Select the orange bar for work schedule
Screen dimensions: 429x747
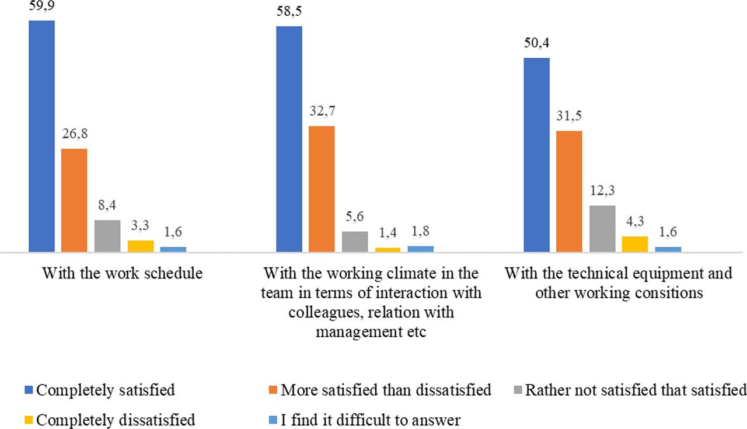(74, 200)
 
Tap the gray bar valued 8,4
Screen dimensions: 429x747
(107, 236)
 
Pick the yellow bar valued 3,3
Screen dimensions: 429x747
(140, 246)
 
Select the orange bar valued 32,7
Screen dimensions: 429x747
(322, 189)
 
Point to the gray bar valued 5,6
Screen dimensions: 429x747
(355, 242)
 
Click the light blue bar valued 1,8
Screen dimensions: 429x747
(420, 249)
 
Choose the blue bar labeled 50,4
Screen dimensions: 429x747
(536, 155)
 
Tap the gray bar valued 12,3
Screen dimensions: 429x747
(602, 229)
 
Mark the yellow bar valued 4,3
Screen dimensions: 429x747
(635, 244)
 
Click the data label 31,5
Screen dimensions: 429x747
(569, 117)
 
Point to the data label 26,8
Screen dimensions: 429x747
(74, 135)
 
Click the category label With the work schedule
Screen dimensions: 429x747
(123, 273)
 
